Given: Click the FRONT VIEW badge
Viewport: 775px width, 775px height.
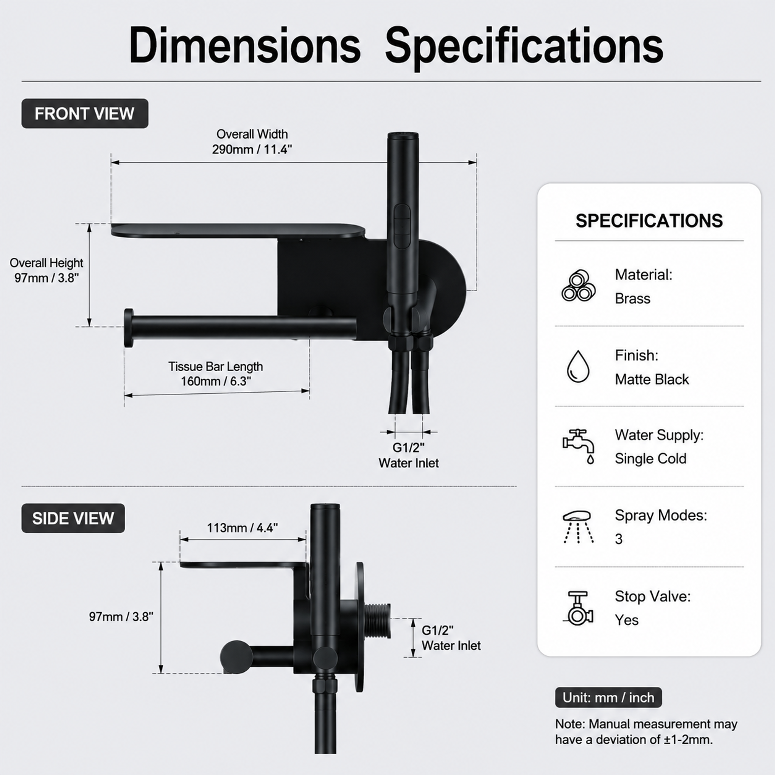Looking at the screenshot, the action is pos(85,114).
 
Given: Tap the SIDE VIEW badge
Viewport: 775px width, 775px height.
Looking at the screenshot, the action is pos(73,518).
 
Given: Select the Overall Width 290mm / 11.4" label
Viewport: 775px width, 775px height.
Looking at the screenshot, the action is pos(252,142).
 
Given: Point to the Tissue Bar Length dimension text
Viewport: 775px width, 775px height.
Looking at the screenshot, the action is pos(215,373).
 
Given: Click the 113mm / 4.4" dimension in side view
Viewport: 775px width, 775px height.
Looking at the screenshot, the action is pos(242,528).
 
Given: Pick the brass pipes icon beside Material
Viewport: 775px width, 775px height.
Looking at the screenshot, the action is pos(579,286).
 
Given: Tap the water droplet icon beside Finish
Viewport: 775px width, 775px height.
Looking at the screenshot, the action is pos(578,366).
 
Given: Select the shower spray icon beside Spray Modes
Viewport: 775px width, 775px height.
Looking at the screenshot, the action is pos(578,527).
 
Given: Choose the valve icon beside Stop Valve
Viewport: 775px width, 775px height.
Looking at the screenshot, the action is pos(578,608).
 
